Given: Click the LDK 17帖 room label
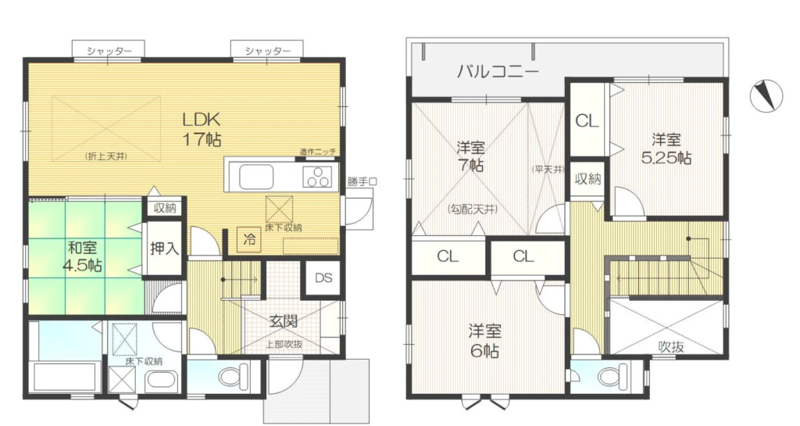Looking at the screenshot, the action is (202, 129).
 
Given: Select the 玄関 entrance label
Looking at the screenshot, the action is (283, 321).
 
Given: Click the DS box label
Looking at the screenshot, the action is (323, 277).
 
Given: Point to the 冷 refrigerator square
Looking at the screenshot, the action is (249, 239).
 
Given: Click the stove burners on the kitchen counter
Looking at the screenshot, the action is (317, 177).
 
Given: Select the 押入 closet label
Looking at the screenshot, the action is (164, 249).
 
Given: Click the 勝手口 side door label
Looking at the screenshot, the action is (362, 181).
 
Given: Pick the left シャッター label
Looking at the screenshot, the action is (108, 51).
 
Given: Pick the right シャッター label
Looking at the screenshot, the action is (267, 51).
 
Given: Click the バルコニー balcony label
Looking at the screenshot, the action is (497, 71).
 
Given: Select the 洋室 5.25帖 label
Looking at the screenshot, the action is (666, 149).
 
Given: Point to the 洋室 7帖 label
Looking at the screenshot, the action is (470, 156).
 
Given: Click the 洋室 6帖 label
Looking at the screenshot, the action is (484, 341).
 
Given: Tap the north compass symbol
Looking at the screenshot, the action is (766, 95).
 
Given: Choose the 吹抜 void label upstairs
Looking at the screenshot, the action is (670, 347).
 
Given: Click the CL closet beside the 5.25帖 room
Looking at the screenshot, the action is (587, 121).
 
